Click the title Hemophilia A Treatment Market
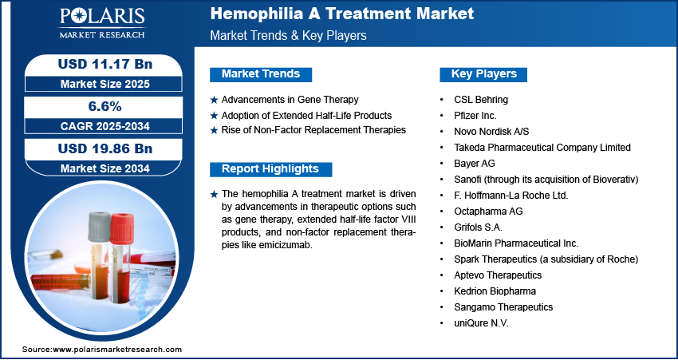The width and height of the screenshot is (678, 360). [x=342, y=14]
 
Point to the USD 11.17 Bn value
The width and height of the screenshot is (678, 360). [x=105, y=65]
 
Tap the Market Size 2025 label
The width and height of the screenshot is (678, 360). [x=105, y=84]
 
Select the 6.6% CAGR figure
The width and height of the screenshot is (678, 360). [x=105, y=106]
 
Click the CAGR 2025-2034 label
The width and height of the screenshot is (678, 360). [x=105, y=126]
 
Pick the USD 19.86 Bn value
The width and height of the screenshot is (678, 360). [x=105, y=148]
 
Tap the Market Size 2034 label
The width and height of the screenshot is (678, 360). [x=105, y=168]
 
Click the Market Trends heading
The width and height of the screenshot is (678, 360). [x=261, y=74]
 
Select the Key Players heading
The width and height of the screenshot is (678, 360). [x=483, y=74]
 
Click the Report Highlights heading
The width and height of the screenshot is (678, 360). [x=270, y=169]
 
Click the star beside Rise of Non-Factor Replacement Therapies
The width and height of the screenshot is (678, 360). [x=214, y=130]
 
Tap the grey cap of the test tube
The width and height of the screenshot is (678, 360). [x=100, y=227]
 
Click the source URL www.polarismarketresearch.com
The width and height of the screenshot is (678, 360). [x=116, y=350]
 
